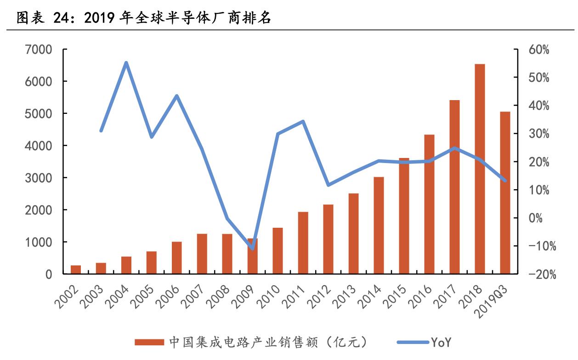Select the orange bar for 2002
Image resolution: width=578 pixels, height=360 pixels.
[76, 270]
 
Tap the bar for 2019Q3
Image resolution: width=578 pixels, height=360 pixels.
[505, 192]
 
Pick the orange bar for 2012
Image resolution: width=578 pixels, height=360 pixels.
[328, 239]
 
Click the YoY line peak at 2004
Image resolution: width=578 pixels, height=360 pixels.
[126, 63]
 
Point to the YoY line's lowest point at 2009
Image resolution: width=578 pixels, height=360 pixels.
[252, 249]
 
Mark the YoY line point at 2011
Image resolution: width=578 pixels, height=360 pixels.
[303, 122]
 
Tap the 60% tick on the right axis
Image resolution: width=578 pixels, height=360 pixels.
[538, 50]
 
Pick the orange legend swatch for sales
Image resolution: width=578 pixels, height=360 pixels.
[149, 342]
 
